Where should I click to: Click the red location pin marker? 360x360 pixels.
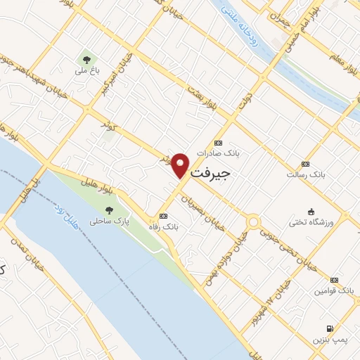181,165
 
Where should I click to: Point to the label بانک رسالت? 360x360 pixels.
304,173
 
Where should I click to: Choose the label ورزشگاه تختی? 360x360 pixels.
310,223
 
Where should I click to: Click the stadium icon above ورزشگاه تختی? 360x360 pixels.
310,212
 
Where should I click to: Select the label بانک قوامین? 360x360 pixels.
334,290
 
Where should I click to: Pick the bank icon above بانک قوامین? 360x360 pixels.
334,279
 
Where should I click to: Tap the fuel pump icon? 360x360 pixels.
330,328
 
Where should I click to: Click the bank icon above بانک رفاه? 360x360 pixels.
164,216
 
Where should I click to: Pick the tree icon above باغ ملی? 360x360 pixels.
86,60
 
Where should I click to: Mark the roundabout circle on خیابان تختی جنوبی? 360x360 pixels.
252,224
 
